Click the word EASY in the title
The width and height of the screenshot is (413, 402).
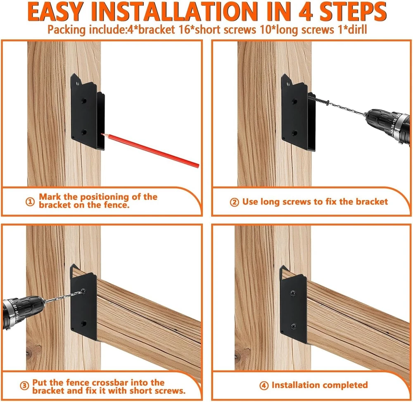click(55, 12)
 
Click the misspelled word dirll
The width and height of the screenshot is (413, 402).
click(356, 29)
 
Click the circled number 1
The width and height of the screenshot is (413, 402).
click(30, 202)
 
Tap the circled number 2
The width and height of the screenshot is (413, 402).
click(235, 202)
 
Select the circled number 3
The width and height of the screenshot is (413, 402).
click(24, 386)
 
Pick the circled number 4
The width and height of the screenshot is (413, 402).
click(263, 385)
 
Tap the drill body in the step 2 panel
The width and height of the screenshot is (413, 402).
click(388, 126)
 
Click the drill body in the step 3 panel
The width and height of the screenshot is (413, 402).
click(23, 312)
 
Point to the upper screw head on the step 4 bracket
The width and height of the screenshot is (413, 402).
click(293, 293)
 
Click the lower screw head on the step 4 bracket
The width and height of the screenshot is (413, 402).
click(293, 327)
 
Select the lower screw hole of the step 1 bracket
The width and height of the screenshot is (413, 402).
click(84, 132)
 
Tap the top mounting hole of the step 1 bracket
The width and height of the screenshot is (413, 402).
click(78, 84)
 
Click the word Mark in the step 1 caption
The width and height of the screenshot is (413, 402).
click(50, 196)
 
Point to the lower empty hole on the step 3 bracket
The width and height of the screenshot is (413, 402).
click(84, 323)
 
